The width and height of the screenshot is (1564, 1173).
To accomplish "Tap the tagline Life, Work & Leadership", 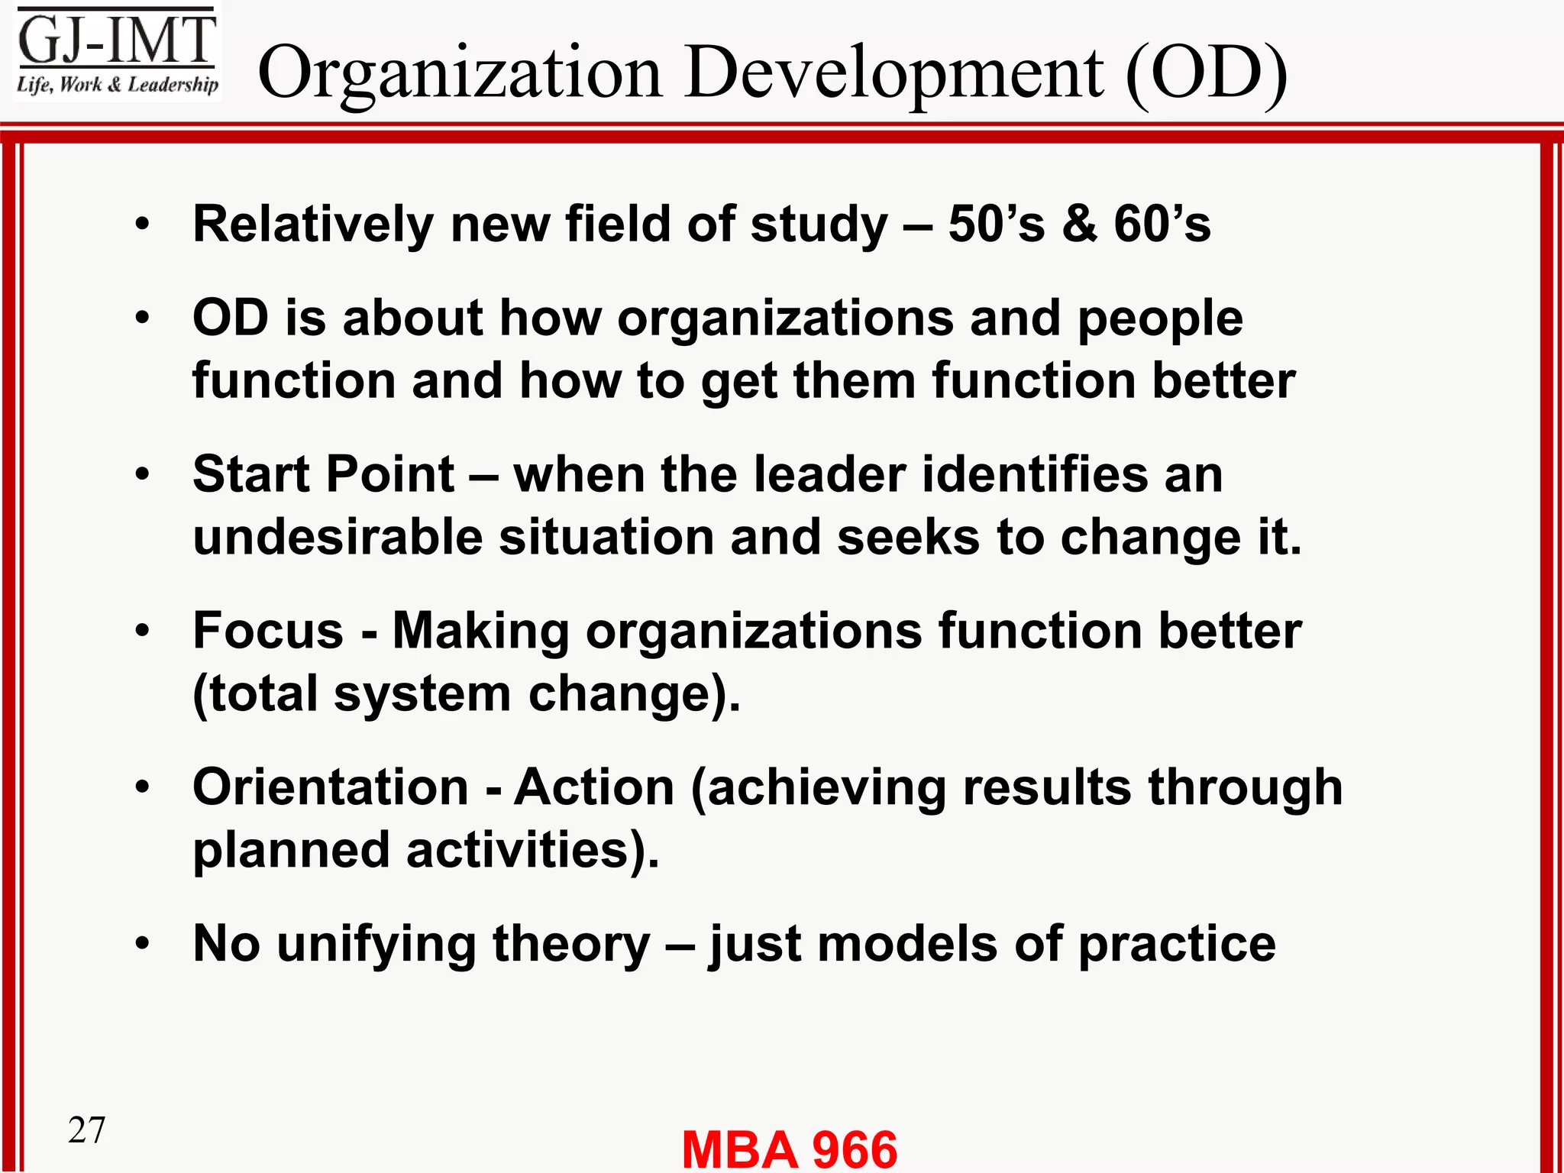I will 117,85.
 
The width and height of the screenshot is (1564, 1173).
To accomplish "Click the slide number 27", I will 86,1130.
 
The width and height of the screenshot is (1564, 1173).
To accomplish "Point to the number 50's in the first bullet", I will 996,225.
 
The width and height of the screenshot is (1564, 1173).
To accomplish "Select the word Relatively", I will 313,225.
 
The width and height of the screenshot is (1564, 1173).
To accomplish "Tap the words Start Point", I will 323,475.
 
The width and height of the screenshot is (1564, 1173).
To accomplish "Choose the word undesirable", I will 337,537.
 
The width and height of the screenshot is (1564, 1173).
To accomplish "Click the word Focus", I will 268,632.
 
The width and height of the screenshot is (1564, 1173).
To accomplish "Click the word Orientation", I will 330,787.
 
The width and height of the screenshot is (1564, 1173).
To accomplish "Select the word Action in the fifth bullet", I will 594,787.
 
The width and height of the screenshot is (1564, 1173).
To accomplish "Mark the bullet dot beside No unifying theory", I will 143,944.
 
